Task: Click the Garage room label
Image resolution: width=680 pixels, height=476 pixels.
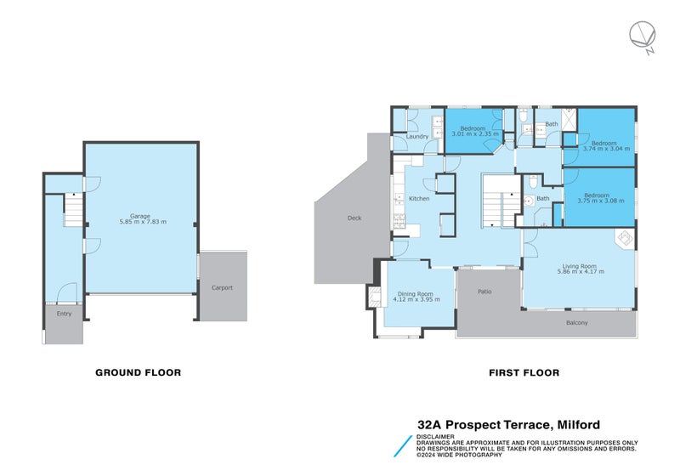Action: click(140, 216)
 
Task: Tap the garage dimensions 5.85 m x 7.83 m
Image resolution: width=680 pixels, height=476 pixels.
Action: click(140, 222)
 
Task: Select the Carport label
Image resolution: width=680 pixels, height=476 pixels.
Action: click(222, 287)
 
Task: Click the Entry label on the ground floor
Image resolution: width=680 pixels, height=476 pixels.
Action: click(64, 314)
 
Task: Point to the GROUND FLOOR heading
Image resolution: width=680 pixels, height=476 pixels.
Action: click(138, 372)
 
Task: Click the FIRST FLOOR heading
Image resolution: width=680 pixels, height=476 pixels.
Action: click(524, 372)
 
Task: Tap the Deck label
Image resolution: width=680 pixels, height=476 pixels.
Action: click(354, 218)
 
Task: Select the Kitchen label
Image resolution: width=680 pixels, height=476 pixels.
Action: click(419, 199)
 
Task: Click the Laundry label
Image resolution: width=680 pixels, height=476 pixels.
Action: click(417, 136)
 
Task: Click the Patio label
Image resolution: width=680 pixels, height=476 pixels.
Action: click(484, 292)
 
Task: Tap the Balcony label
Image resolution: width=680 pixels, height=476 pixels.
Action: click(577, 322)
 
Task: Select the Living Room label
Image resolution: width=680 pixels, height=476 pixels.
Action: click(581, 266)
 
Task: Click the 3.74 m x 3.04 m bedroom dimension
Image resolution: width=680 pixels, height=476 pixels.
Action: click(608, 149)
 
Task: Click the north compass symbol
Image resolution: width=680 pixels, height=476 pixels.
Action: click(643, 37)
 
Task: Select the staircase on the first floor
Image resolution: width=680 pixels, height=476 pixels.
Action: click(498, 200)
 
